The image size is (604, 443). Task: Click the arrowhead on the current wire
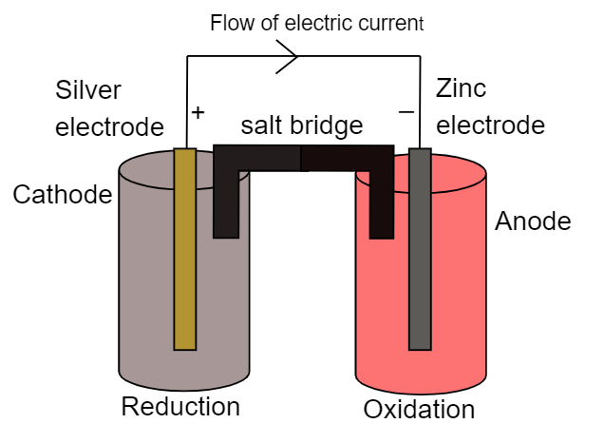click(x=291, y=55)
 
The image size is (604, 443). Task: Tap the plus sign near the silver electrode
click(x=198, y=111)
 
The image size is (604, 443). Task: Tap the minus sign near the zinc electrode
click(x=406, y=111)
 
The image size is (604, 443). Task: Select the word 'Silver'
click(x=88, y=90)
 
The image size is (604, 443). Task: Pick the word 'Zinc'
click(x=462, y=89)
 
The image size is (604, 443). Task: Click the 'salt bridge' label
click(x=301, y=125)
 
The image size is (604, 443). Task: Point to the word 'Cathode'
click(x=62, y=195)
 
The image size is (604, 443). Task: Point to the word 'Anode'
click(x=534, y=221)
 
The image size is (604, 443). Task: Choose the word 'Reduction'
click(x=180, y=407)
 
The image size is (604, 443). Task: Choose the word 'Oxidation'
click(x=419, y=410)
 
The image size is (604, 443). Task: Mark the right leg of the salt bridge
click(x=382, y=203)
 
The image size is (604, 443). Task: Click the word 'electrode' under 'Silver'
click(x=109, y=126)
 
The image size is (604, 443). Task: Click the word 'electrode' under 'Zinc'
click(x=490, y=125)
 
